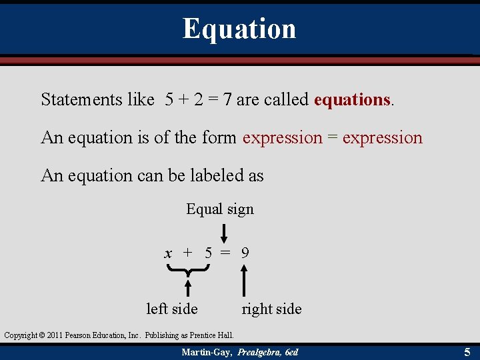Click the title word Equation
pyautogui.click(x=239, y=29)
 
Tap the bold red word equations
pyautogui.click(x=352, y=100)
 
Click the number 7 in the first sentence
pyautogui.click(x=228, y=100)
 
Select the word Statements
pyautogui.click(x=81, y=100)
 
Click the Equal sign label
pyautogui.click(x=220, y=209)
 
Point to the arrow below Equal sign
pyautogui.click(x=224, y=233)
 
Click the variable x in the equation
pyautogui.click(x=169, y=253)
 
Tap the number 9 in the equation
pyautogui.click(x=245, y=253)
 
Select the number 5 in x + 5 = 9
pyautogui.click(x=208, y=253)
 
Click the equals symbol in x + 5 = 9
pyautogui.click(x=226, y=253)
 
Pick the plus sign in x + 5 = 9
pyautogui.click(x=188, y=253)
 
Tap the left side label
pyautogui.click(x=172, y=309)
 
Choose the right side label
pyautogui.click(x=271, y=309)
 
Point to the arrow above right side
pyautogui.click(x=245, y=280)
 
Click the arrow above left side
pyautogui.click(x=189, y=287)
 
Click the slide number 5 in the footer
pyautogui.click(x=467, y=351)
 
